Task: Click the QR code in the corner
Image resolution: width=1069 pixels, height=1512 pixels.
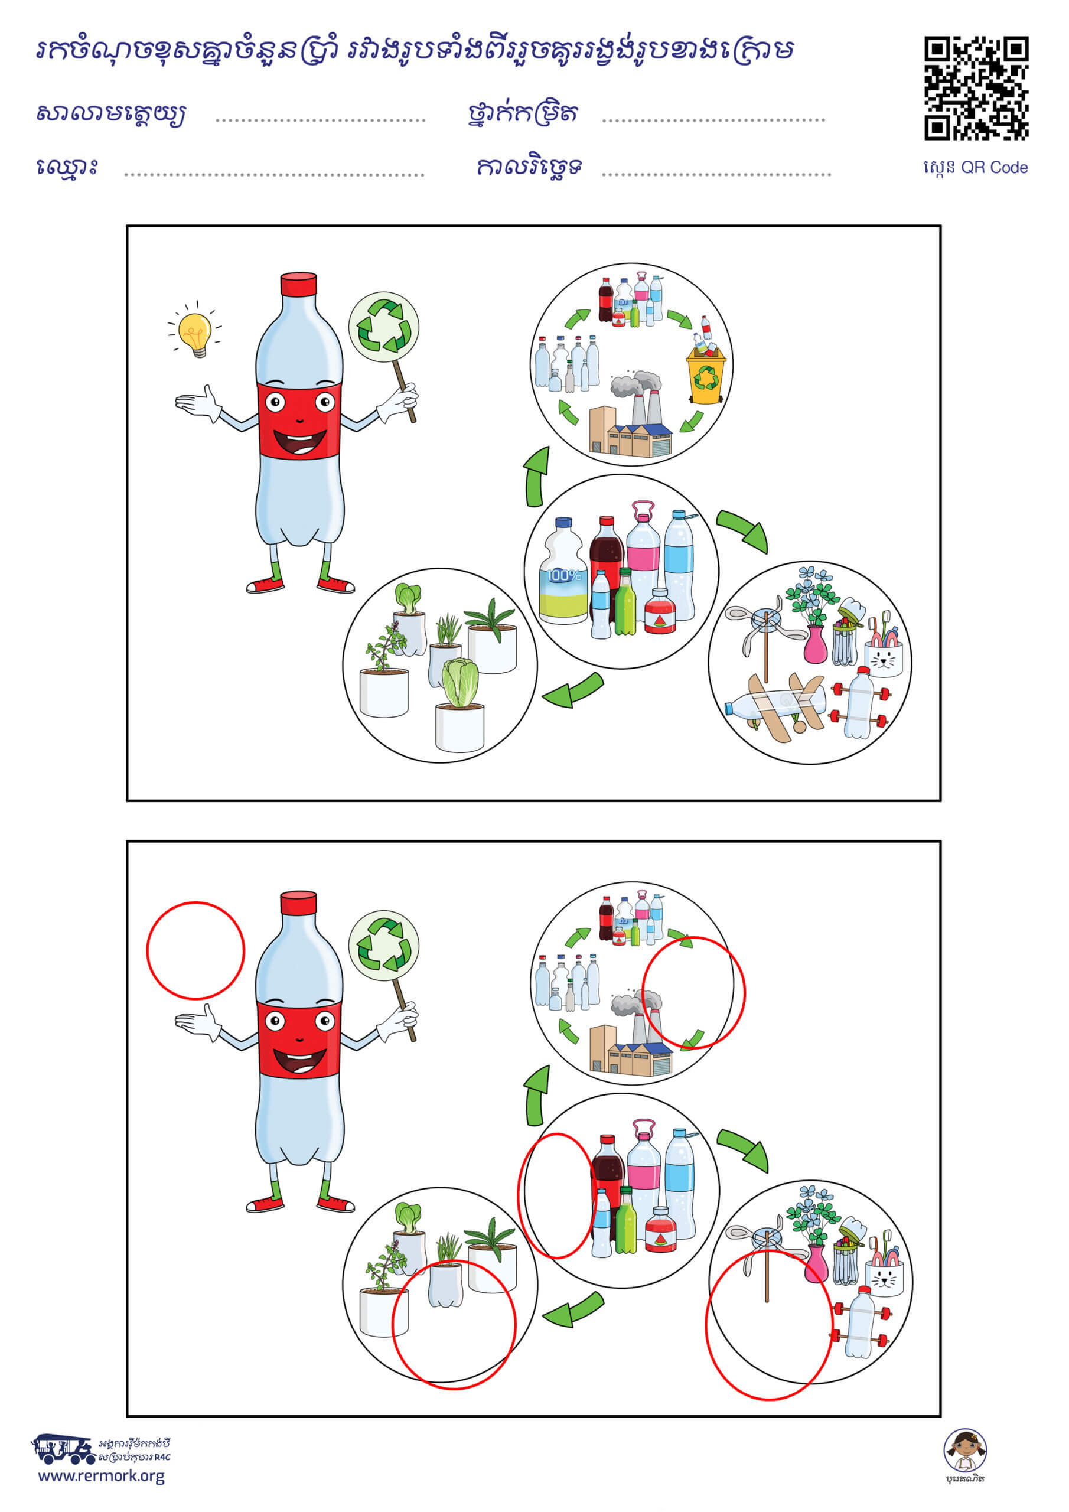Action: coord(976,88)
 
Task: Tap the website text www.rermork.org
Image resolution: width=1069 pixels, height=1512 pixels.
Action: coord(102,1476)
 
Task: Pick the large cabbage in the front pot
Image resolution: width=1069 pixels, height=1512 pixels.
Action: coord(459,682)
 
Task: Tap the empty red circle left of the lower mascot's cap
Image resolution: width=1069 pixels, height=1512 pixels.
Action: coord(195,950)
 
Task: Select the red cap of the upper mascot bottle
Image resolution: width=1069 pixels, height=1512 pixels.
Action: coord(298,285)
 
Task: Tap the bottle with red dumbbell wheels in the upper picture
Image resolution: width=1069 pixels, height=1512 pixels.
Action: coord(860,703)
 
